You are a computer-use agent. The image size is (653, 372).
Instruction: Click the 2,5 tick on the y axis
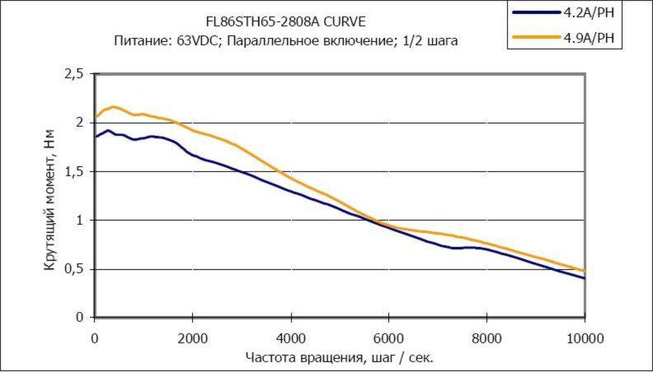74,74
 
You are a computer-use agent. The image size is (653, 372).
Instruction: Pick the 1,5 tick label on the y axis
74,171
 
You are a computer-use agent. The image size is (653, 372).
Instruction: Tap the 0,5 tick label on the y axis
74,269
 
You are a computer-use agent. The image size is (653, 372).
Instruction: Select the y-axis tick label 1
80,221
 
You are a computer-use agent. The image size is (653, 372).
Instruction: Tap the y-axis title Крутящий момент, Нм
51,196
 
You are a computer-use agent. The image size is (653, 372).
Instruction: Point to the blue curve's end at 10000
585,278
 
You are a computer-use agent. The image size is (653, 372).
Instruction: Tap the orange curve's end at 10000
585,270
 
